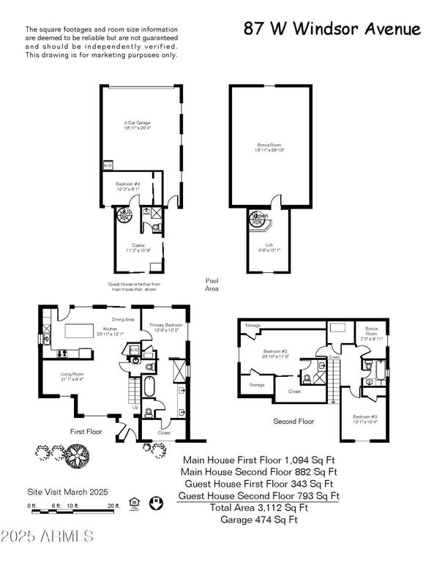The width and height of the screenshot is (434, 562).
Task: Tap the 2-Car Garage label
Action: (138, 125)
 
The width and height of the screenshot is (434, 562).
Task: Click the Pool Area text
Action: (212, 284)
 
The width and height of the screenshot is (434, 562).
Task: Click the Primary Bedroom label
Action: (165, 326)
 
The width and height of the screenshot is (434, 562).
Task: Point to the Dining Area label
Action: (121, 319)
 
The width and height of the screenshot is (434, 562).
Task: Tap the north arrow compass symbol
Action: (154, 503)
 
